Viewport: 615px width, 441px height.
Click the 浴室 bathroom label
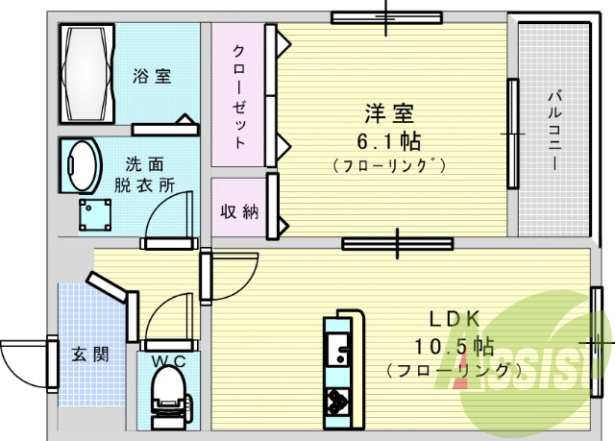click(152, 76)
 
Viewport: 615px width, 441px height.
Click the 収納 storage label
click(239, 211)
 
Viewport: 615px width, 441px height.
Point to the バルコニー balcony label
click(555, 130)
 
